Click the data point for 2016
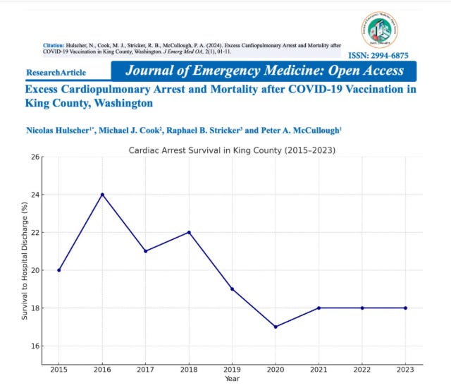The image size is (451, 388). [x=102, y=194]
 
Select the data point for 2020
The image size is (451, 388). [x=276, y=327]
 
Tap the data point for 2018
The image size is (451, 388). [x=189, y=232]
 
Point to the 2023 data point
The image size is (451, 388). [x=406, y=308]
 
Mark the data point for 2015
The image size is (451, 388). [x=58, y=269]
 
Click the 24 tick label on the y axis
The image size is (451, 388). [x=36, y=194]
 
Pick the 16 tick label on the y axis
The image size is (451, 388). [x=36, y=346]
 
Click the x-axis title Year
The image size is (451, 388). [x=232, y=380]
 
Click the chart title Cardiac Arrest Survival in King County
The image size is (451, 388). [x=232, y=151]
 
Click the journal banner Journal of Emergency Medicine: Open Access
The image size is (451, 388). [x=264, y=71]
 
